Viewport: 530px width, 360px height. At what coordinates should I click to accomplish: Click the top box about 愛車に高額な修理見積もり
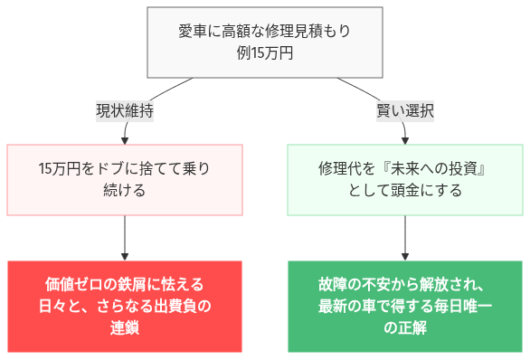[264, 42]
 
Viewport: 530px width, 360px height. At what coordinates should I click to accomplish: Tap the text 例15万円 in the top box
[264, 52]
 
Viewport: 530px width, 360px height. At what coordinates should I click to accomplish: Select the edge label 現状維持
[125, 111]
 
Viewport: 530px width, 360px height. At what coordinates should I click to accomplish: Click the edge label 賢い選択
[404, 111]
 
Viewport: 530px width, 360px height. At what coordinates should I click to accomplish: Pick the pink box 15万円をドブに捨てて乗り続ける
[125, 179]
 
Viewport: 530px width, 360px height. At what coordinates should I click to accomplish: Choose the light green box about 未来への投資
[404, 179]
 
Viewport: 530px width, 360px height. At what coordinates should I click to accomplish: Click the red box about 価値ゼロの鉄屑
[125, 306]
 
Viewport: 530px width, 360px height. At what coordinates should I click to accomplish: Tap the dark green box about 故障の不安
[404, 306]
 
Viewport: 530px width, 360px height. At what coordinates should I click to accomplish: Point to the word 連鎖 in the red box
[125, 327]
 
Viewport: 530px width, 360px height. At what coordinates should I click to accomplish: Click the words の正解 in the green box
[404, 327]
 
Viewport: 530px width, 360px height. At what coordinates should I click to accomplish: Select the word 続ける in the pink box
[125, 191]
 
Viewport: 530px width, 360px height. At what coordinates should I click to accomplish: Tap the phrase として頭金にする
[404, 191]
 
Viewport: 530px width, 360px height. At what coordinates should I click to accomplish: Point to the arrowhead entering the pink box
[125, 139]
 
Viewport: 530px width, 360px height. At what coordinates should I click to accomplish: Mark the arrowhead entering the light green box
[404, 139]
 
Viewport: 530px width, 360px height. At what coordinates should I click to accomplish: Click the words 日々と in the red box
[57, 306]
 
